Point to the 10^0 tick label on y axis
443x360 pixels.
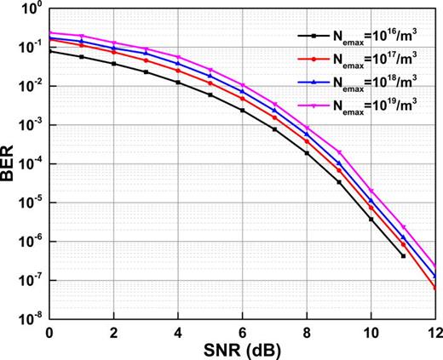(32, 10)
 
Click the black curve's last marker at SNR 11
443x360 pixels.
(404, 255)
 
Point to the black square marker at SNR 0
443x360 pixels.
(50, 51)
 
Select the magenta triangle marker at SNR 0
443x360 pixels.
(50, 33)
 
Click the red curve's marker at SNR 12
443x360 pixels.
(435, 289)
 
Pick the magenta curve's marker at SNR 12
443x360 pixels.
(435, 266)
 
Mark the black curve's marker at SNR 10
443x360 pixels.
(371, 219)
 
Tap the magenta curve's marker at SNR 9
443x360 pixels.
(339, 151)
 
